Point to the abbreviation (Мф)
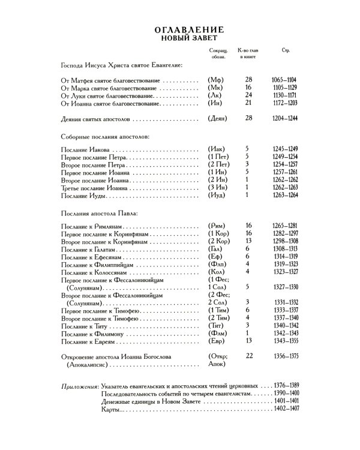click(x=215, y=80)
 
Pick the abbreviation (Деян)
click(x=218, y=119)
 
